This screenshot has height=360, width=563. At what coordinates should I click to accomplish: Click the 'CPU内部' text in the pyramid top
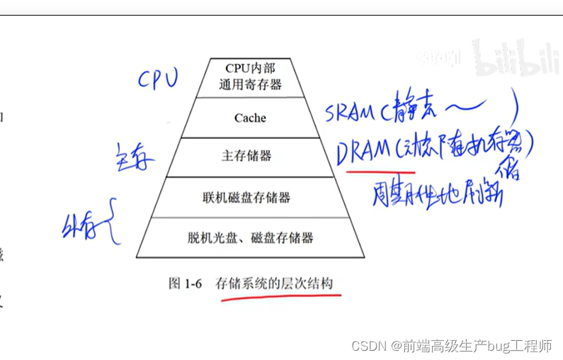click(x=250, y=68)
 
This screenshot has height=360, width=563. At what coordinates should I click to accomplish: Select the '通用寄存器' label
click(x=250, y=84)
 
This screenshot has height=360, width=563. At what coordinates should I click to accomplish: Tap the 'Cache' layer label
click(x=250, y=118)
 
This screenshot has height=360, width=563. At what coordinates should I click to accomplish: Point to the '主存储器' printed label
click(x=246, y=155)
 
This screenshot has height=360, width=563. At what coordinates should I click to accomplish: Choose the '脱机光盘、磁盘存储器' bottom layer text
click(x=251, y=237)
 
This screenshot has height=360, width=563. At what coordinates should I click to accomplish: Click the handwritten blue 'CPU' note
click(x=157, y=79)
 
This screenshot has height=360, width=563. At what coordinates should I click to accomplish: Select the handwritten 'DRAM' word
click(x=365, y=150)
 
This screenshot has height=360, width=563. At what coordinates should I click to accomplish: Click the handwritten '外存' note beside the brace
click(x=78, y=228)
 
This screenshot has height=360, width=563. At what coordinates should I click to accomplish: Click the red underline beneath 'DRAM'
click(x=372, y=169)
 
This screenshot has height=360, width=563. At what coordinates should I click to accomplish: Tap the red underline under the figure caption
click(x=280, y=298)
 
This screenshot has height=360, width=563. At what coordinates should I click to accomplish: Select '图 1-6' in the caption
click(x=186, y=283)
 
